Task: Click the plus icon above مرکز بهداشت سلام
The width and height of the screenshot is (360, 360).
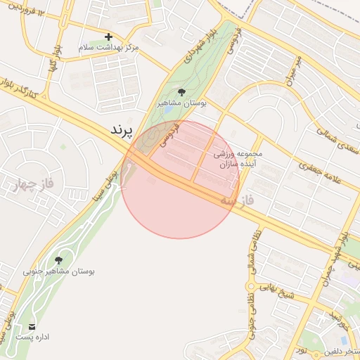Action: click(x=108, y=37)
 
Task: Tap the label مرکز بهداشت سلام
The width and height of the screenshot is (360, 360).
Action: click(x=108, y=47)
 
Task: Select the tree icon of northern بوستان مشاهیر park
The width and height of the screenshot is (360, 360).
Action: click(x=182, y=92)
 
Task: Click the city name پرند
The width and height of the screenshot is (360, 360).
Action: click(x=122, y=131)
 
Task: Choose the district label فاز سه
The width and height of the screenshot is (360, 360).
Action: click(x=236, y=201)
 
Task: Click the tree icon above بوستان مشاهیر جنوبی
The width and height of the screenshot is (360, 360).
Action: click(x=58, y=260)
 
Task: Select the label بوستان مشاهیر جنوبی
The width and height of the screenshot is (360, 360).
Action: click(x=59, y=271)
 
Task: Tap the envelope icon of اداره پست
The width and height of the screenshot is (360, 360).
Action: click(x=32, y=327)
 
